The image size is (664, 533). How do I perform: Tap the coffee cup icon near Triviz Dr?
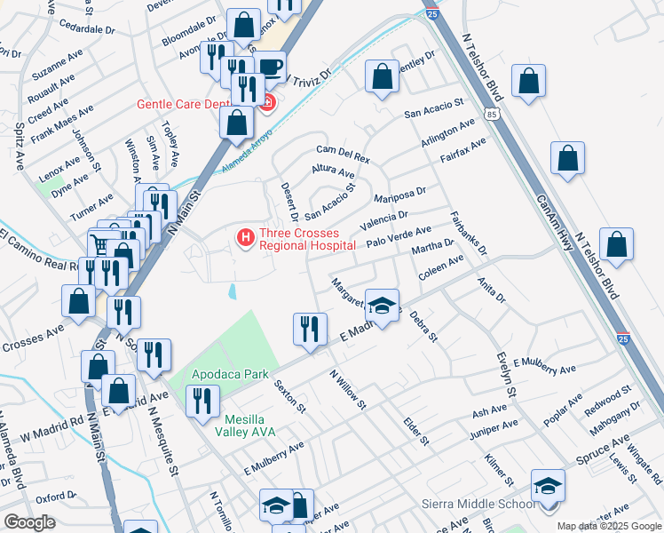271,65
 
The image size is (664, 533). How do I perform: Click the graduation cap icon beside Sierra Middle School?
548,485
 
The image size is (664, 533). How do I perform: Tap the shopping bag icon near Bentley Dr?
383,76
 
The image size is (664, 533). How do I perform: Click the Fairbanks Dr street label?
469,233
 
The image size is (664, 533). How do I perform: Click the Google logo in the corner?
29,522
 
